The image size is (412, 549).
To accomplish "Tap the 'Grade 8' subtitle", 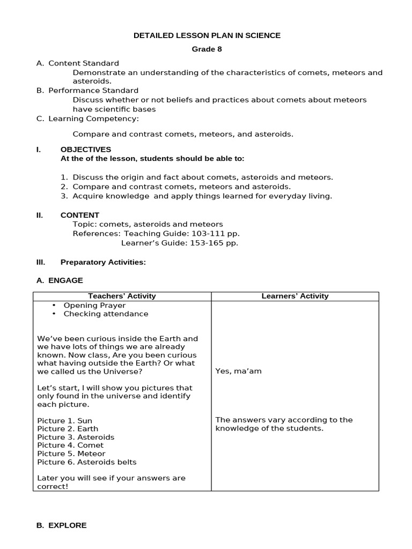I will [x=207, y=49].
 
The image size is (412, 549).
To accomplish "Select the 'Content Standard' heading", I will [x=83, y=63].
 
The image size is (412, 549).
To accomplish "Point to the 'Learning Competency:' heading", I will [x=93, y=118].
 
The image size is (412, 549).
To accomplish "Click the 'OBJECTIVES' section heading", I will [x=86, y=149].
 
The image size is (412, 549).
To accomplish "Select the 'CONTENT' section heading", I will [x=80, y=215].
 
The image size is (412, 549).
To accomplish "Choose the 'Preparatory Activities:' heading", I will [x=103, y=262].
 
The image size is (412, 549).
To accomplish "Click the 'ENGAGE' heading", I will [x=65, y=280].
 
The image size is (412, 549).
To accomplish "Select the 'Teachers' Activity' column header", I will [x=122, y=296].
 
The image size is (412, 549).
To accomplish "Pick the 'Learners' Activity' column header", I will [x=295, y=296].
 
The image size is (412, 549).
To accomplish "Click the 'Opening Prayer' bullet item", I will [x=94, y=305].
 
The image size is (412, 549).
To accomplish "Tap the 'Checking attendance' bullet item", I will [x=106, y=314].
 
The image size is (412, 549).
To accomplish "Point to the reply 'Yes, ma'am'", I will [x=238, y=371].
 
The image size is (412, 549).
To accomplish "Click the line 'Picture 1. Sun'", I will [x=65, y=421].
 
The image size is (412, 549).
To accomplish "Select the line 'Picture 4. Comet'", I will [x=70, y=445].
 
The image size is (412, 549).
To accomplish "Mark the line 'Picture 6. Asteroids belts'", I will [x=87, y=462].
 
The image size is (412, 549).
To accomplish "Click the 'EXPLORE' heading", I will [x=67, y=525].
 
